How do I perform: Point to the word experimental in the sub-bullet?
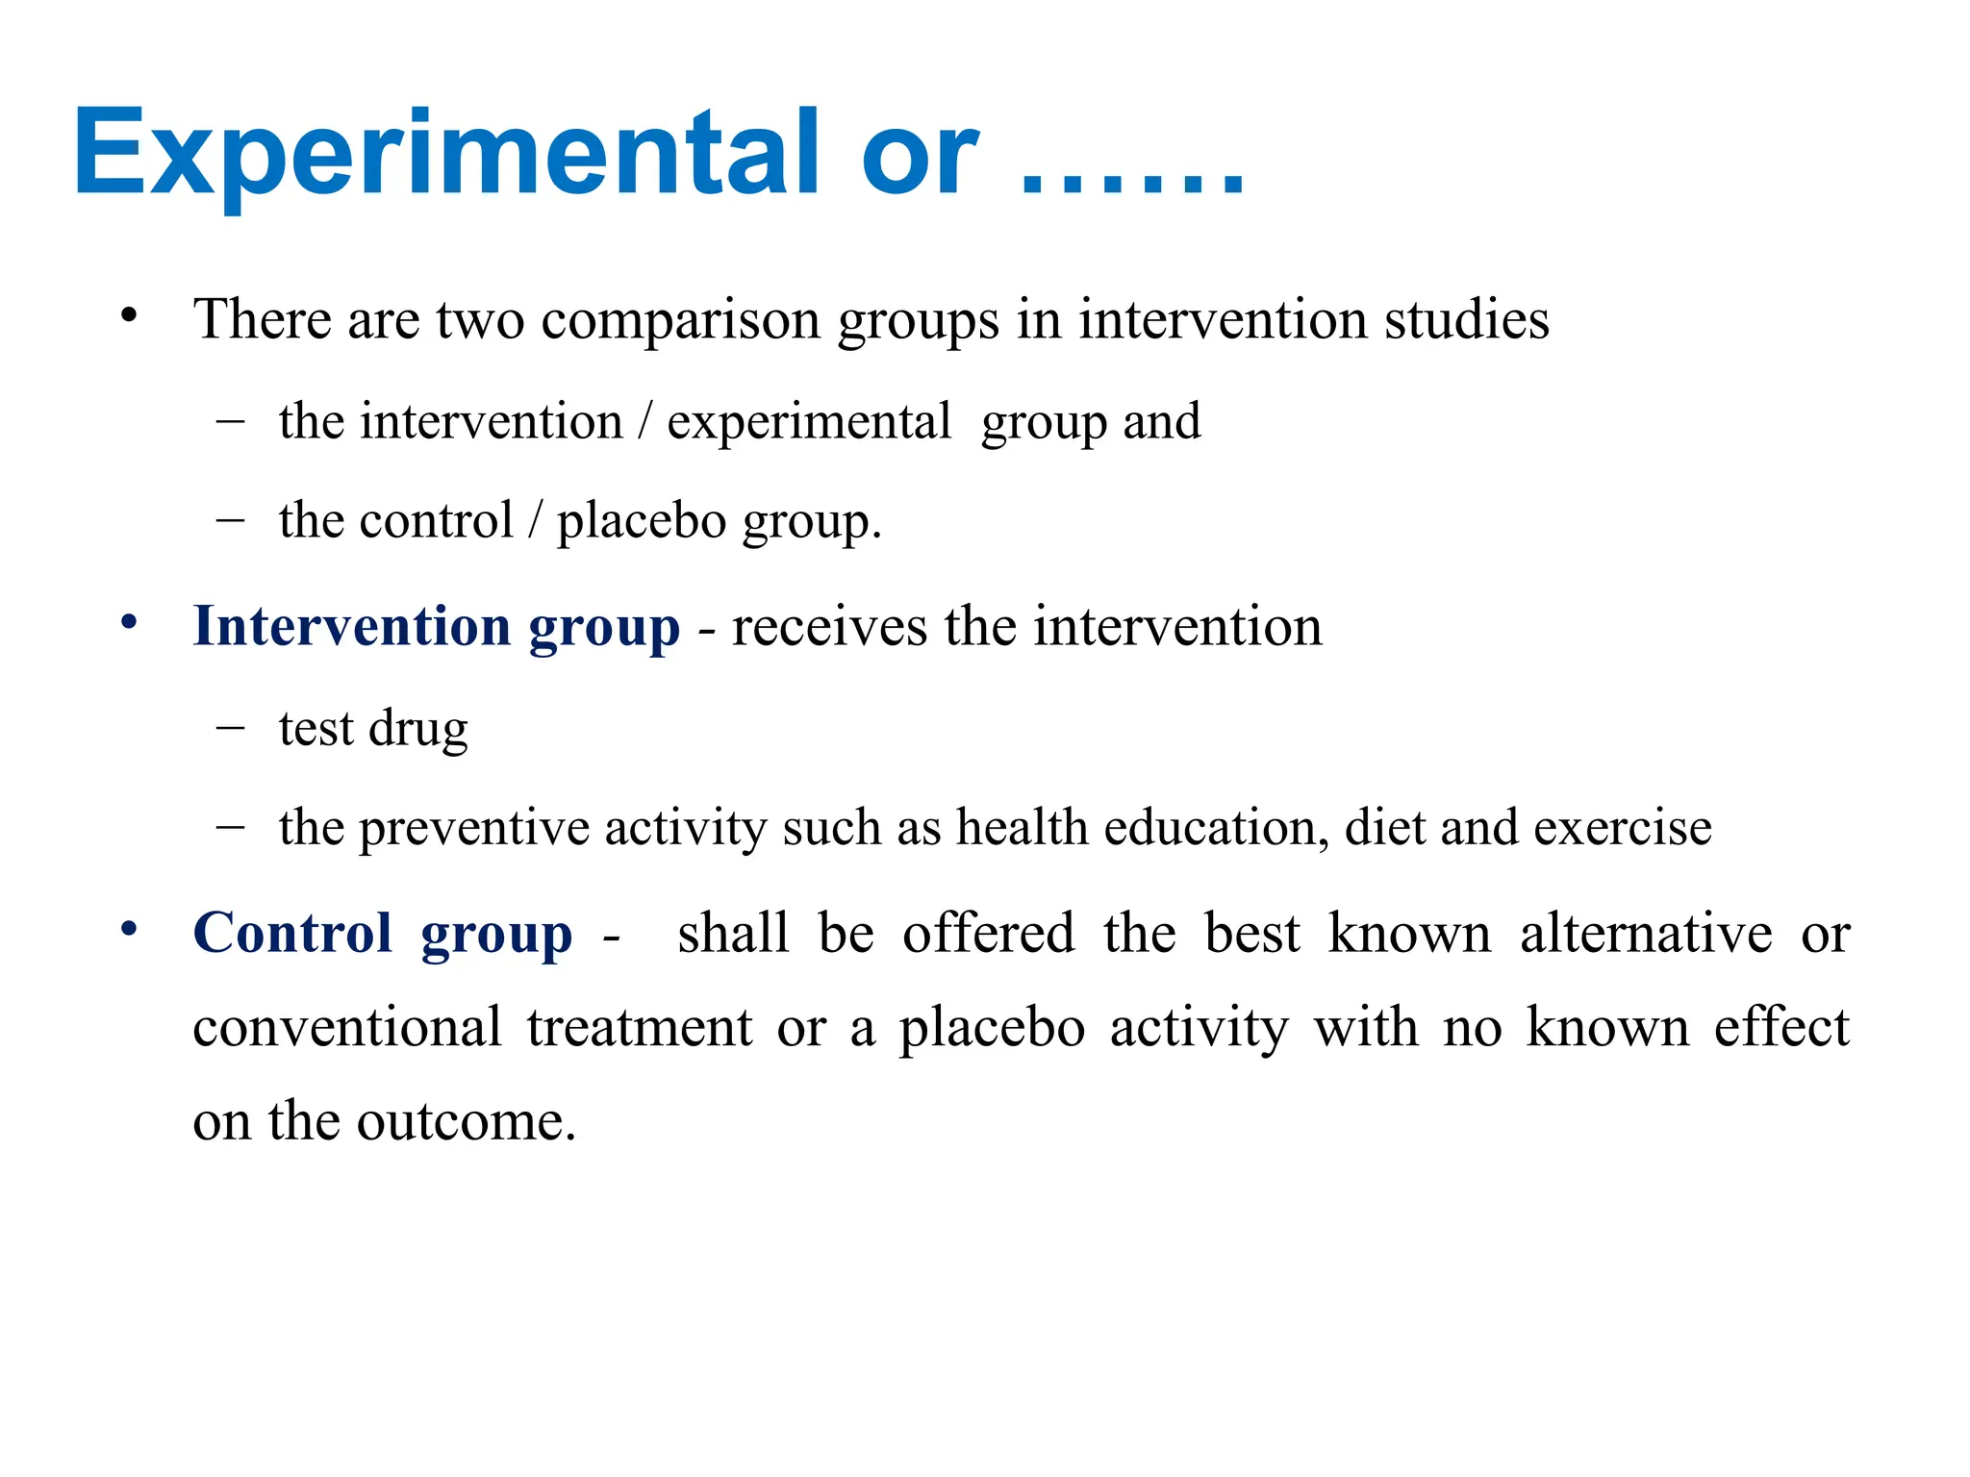809,422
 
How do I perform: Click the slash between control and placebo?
535,521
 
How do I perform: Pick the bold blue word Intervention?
352,626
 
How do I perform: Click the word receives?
829,627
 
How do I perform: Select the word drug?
418,729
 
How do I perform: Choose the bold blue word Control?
292,933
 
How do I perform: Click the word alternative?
1646,933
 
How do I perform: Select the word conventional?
347,1027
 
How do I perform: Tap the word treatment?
640,1027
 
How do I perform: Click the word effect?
1781,1027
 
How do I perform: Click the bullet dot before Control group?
129,929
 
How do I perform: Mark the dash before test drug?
231,728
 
